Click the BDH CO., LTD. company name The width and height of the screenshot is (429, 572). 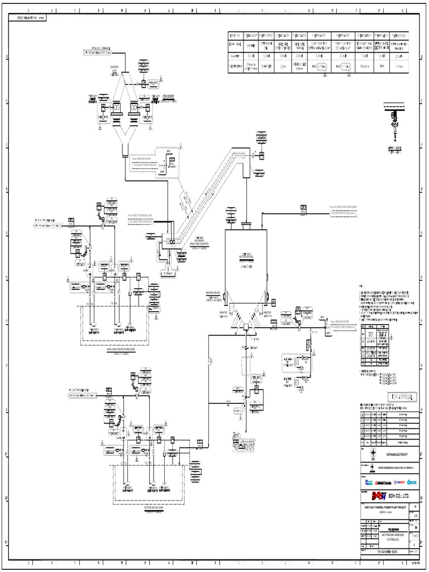pos(401,495)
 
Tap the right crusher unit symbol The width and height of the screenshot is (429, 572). pos(135,108)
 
